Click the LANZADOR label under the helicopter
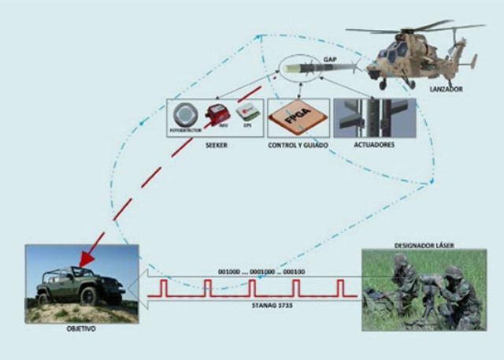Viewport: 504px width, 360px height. click(447, 90)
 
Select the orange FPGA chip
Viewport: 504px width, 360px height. click(297, 119)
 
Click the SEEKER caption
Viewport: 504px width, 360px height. click(214, 145)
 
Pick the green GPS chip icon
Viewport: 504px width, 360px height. click(248, 113)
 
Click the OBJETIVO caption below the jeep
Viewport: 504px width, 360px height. click(80, 328)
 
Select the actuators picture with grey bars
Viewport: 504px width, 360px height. click(374, 118)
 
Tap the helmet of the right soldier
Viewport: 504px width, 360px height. click(453, 271)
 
